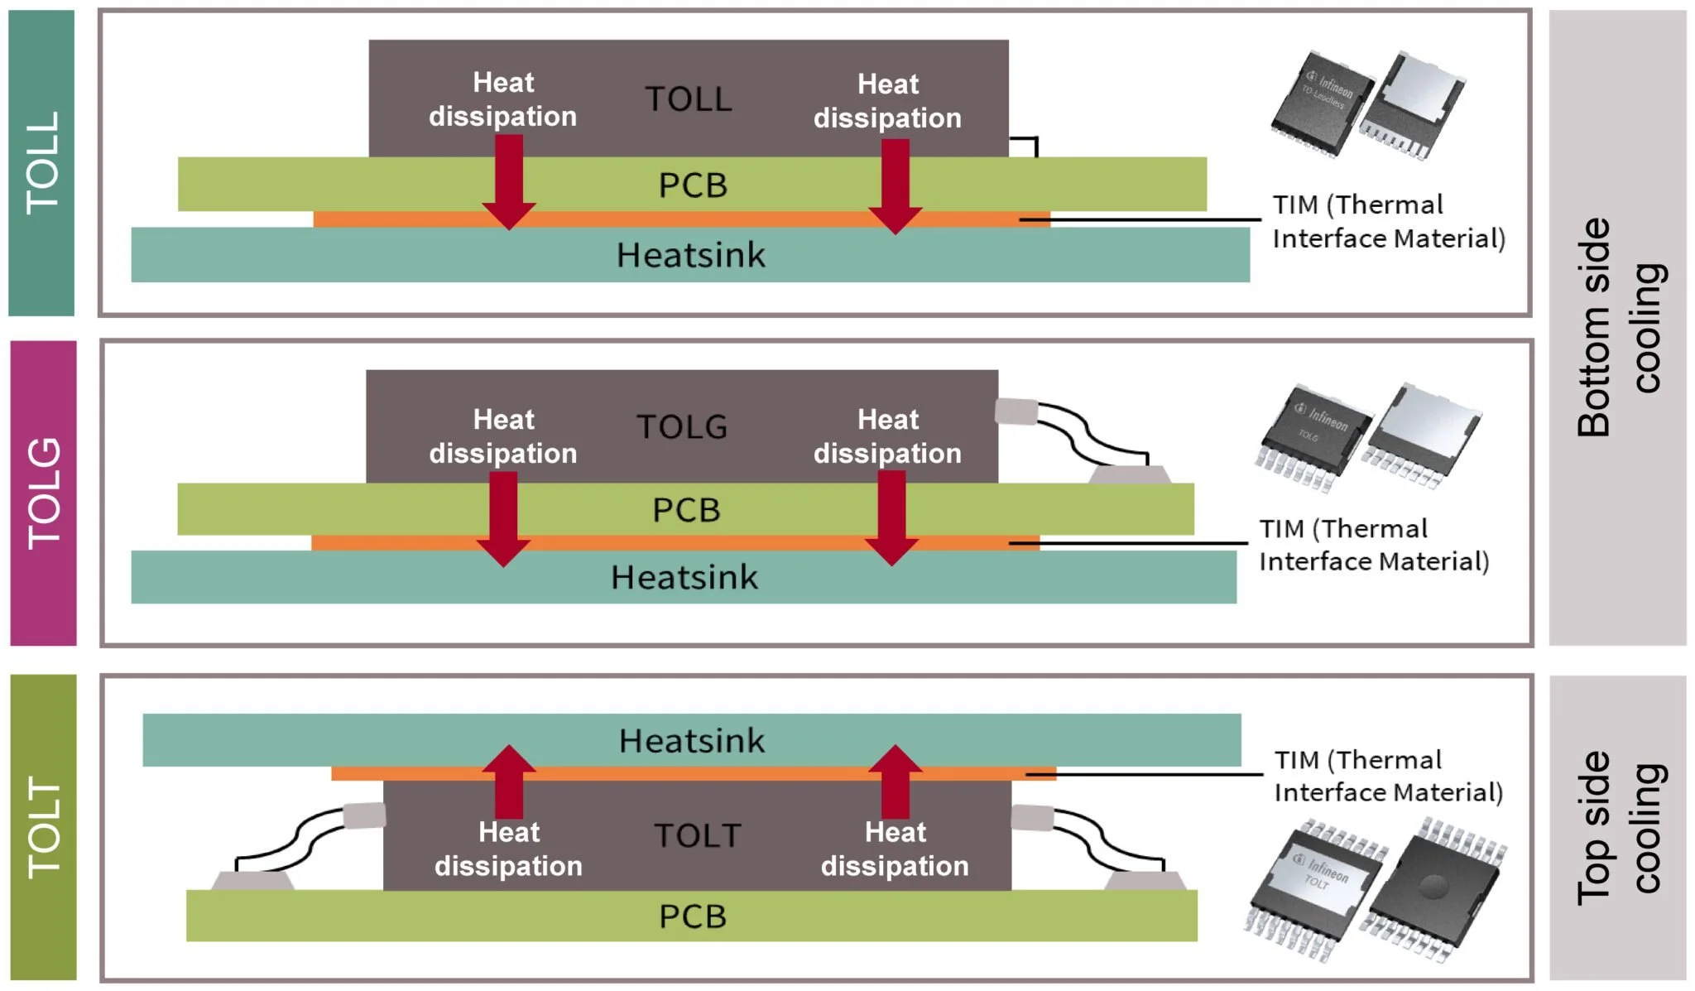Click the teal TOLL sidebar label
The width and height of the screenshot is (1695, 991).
(41, 162)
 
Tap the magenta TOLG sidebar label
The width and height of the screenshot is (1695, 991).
(43, 493)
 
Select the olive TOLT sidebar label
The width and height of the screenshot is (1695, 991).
(43, 826)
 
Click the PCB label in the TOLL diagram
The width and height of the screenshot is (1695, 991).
(693, 185)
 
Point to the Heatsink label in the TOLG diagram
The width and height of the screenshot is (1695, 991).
(684, 577)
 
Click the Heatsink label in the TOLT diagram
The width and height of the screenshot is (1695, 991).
(692, 741)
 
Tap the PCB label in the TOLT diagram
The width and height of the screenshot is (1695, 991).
(693, 916)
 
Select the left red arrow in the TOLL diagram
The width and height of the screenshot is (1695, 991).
(508, 182)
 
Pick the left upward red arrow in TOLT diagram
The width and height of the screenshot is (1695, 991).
(508, 781)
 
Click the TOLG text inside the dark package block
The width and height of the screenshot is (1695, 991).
(682, 427)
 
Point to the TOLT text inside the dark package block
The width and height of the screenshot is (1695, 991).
(698, 835)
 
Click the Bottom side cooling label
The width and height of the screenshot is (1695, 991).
(1617, 327)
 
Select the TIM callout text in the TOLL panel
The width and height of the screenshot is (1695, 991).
(1388, 222)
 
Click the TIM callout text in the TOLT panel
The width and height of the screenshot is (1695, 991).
(1388, 777)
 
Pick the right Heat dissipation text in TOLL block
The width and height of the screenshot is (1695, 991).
(887, 101)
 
